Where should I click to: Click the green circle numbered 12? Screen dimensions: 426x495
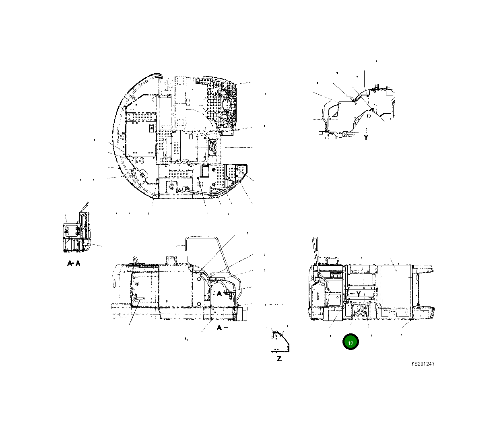pyautogui.click(x=350, y=342)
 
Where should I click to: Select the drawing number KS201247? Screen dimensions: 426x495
pyautogui.click(x=423, y=364)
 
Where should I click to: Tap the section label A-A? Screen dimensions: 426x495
pyautogui.click(x=73, y=264)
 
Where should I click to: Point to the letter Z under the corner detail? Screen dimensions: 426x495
pyautogui.click(x=279, y=358)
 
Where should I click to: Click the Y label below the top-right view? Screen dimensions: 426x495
pyautogui.click(x=366, y=137)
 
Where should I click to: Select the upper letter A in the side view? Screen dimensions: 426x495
pyautogui.click(x=219, y=294)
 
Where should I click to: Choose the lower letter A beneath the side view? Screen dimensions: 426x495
pyautogui.click(x=219, y=328)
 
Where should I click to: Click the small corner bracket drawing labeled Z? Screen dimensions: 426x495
pyautogui.click(x=280, y=341)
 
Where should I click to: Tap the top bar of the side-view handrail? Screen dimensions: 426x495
pyautogui.click(x=201, y=238)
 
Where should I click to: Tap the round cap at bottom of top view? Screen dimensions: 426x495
pyautogui.click(x=186, y=189)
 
